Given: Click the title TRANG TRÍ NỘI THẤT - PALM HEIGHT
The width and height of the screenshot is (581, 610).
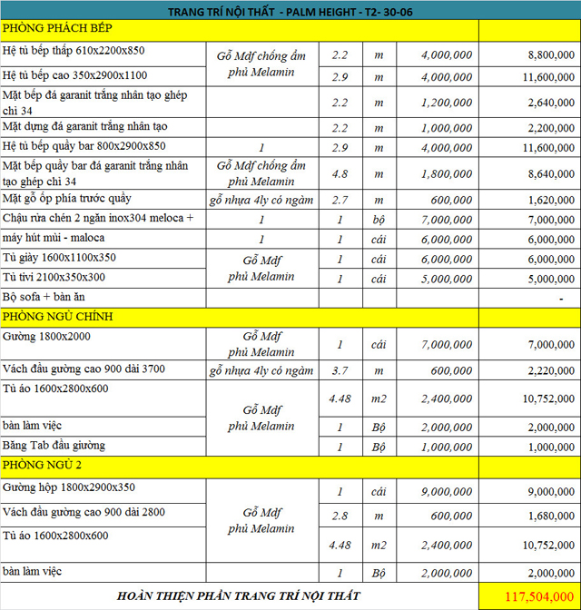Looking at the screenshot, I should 291,12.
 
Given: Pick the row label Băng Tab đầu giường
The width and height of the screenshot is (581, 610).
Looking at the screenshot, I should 54,445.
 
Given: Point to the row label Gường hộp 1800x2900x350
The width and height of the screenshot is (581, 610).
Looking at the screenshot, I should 69,487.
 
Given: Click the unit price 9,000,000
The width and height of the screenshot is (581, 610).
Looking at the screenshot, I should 447,491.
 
